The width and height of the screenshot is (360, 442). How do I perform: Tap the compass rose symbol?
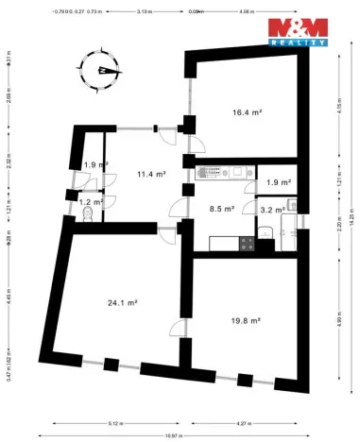[102, 70]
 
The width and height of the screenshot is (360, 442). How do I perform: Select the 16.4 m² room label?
[247, 112]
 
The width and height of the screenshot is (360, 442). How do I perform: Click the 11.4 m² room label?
[151, 174]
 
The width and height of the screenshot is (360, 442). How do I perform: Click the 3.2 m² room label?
[273, 211]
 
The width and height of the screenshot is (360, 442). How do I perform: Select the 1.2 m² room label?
[91, 201]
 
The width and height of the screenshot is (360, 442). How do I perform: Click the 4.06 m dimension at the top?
[248, 11]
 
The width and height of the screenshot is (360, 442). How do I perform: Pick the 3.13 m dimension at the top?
[145, 11]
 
